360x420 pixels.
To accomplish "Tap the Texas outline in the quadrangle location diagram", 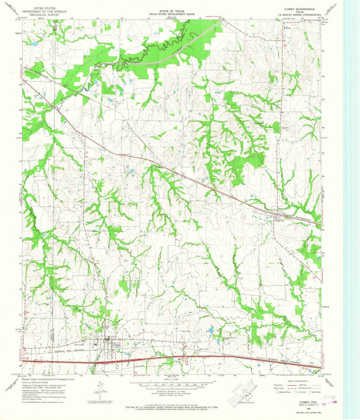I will click(246, 395).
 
